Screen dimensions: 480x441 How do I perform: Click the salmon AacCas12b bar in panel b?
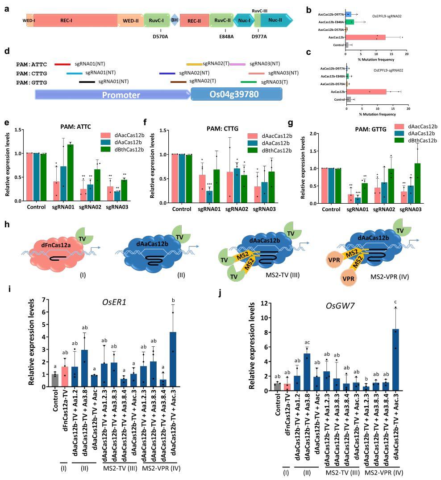coord(365,37)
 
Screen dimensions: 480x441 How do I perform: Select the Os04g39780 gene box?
coord(237,95)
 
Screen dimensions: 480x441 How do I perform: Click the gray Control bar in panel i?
coord(55,380)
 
